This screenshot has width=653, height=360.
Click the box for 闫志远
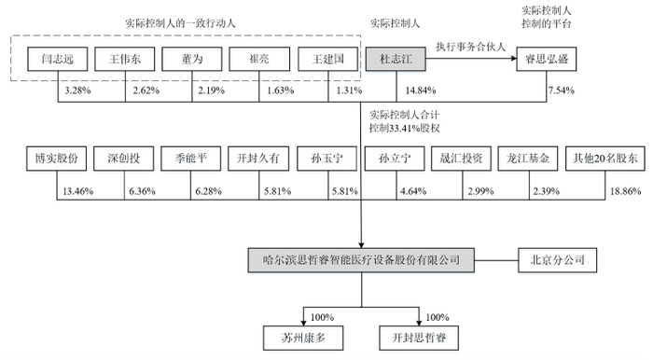(58, 60)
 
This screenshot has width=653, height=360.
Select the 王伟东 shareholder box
(124, 60)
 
